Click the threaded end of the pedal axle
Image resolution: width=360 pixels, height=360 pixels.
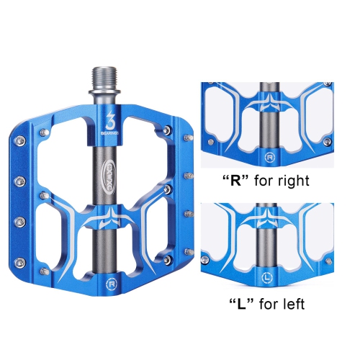pyautogui.click(x=100, y=78)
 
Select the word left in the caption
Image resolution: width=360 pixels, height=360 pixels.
pyautogui.click(x=291, y=304)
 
